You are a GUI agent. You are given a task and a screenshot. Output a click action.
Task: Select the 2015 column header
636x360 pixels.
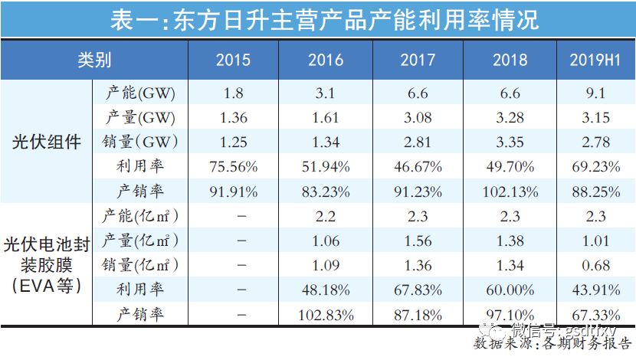point(233,61)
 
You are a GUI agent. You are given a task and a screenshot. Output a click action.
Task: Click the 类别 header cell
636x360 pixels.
point(94,61)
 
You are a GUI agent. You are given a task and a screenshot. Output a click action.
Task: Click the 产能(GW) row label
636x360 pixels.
point(139,94)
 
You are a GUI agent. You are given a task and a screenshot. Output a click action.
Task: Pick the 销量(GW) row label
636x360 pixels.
point(139,142)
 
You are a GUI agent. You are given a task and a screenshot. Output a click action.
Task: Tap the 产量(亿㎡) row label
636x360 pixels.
point(139,241)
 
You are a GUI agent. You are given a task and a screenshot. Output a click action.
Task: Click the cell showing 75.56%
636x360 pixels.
point(233,165)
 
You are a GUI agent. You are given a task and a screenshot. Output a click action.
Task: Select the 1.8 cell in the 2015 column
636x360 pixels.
point(233,94)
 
